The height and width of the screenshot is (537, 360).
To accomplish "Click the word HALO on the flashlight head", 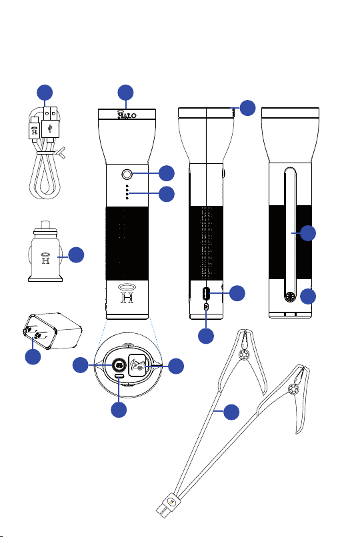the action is [127, 115].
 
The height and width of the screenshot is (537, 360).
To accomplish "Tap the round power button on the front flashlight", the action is [127, 175].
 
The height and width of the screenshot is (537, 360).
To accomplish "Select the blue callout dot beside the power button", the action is [167, 173].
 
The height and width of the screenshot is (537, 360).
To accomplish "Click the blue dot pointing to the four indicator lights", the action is [167, 194].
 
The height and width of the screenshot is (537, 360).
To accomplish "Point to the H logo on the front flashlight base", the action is [127, 294].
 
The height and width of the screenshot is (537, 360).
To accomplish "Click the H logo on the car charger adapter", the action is [45, 259].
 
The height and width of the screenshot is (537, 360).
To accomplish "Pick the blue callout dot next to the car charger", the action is [76, 255].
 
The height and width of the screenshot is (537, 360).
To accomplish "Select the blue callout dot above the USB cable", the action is [45, 93].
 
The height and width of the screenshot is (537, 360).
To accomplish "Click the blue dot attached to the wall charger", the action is [33, 356].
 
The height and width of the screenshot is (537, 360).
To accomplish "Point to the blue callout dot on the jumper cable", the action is [231, 412].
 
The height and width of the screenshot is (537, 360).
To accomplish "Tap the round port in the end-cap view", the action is [119, 365].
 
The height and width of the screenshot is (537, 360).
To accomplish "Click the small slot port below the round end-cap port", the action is [119, 376].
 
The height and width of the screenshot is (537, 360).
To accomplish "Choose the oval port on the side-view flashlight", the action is [205, 294].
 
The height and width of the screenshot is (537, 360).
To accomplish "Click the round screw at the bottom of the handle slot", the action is [291, 296].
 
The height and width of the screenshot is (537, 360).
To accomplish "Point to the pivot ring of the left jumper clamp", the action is [243, 355].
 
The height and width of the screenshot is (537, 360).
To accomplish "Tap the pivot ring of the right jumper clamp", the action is [293, 389].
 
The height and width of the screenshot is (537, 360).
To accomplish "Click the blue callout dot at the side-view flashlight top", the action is [247, 108].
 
